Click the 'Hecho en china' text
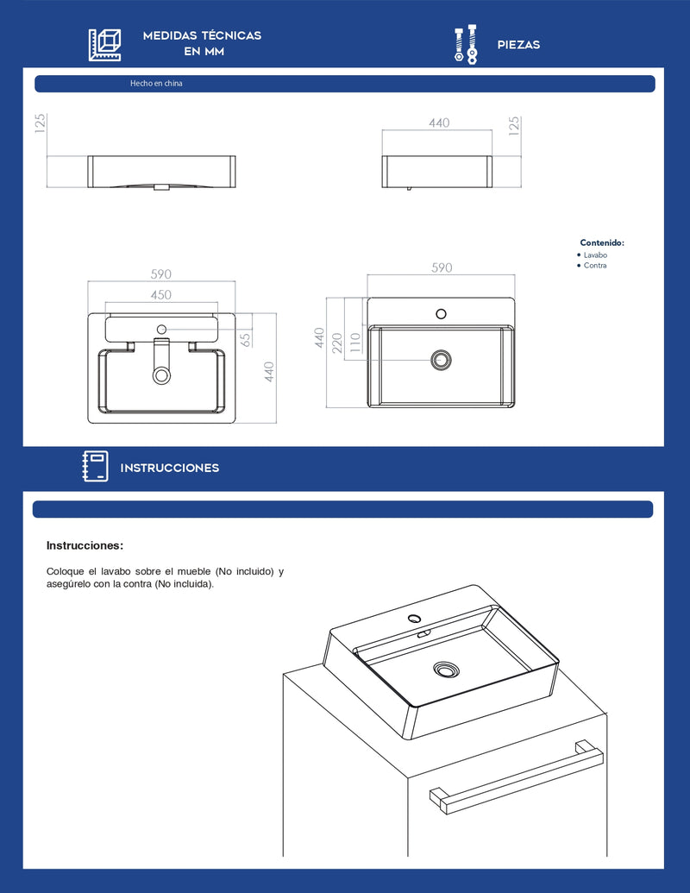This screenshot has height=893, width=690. pos(156,83)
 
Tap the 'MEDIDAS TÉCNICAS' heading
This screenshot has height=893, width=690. pos(202,35)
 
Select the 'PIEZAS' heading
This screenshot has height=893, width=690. pos(518,45)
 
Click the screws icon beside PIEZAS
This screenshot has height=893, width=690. pos(466,44)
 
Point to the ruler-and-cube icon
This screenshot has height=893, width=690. pos(104,44)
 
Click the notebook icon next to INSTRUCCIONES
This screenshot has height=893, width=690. pos(95,466)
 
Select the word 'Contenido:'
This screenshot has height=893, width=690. pos(602,242)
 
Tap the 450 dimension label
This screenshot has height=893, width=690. pos(161,295)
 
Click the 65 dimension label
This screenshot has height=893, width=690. pos(245,340)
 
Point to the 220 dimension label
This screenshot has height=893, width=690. pos(337,343)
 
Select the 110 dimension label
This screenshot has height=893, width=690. pos(355,343)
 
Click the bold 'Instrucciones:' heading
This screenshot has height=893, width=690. pos(85,545)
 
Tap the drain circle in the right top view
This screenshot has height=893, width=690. pos(442,360)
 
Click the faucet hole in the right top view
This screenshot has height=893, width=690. pos(442,314)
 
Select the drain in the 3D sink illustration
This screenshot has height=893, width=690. pos(446,670)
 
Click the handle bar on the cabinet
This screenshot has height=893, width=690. pos(517,777)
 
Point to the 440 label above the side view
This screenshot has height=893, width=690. pos(439,123)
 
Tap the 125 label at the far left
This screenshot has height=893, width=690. pos(40,123)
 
